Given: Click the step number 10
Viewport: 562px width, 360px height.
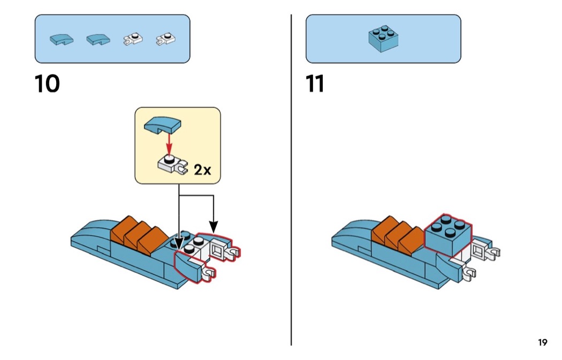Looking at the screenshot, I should (47, 84).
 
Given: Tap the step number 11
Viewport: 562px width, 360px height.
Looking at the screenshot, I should (316, 84).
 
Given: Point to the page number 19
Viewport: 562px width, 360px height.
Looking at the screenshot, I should (542, 342).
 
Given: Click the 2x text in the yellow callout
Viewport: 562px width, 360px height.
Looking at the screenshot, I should (202, 170).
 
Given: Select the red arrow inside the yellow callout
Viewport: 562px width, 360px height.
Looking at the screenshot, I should (169, 143).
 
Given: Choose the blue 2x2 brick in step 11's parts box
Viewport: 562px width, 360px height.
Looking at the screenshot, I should (383, 39).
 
